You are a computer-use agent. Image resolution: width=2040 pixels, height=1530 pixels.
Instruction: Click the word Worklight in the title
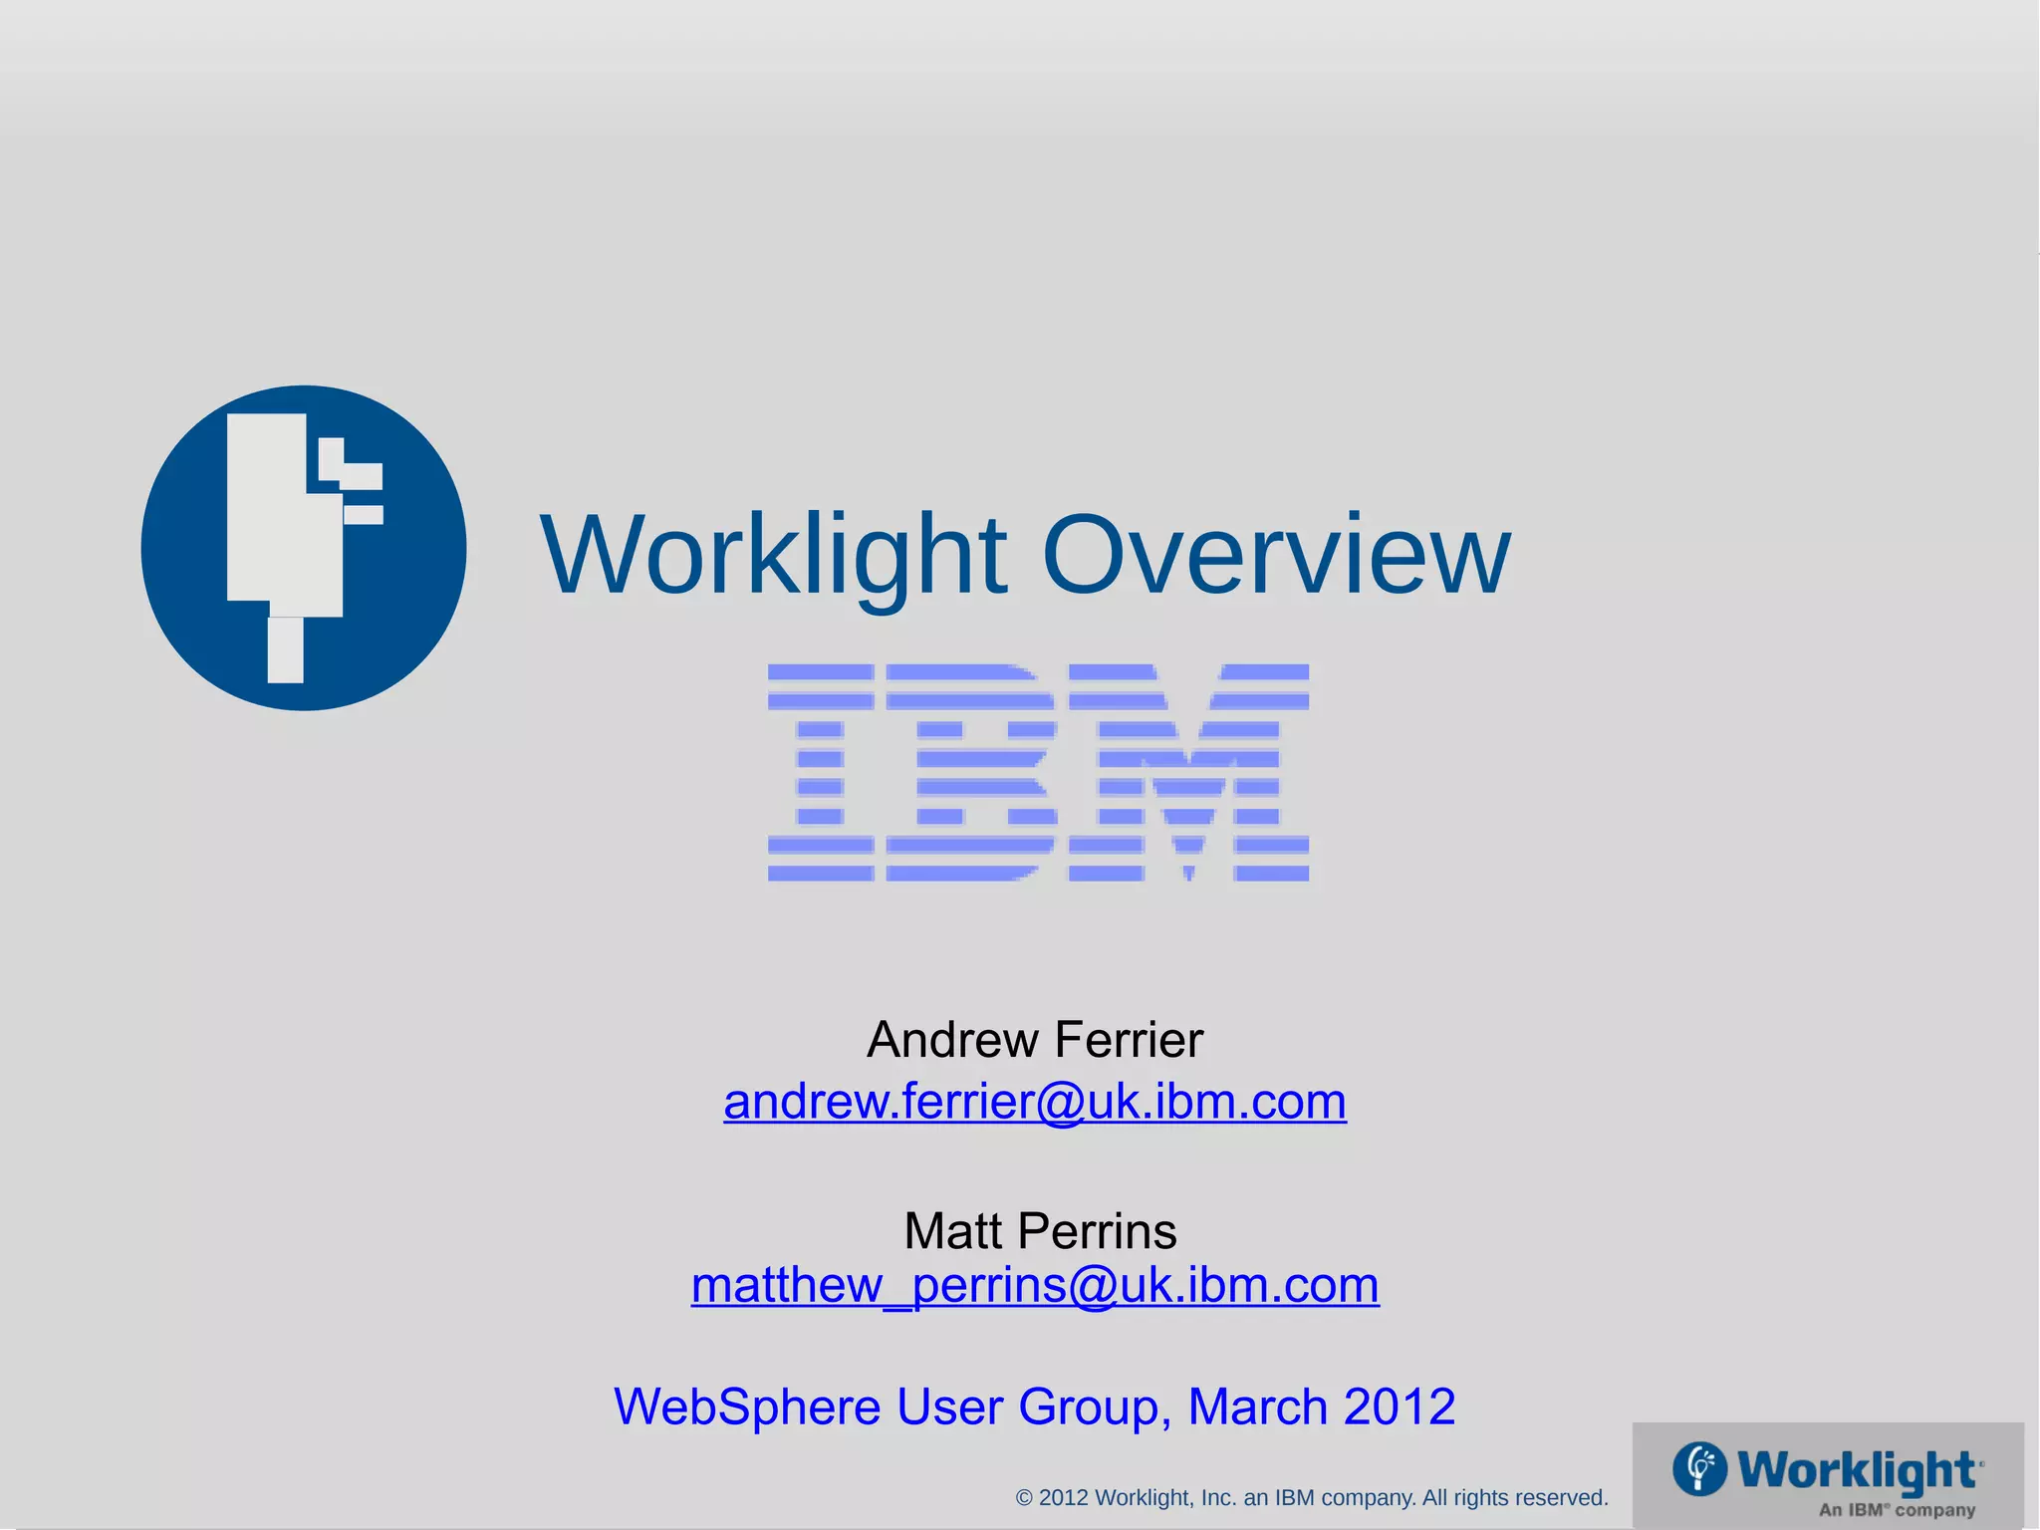[773, 556]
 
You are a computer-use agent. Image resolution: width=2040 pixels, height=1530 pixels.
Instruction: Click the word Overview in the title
[1276, 556]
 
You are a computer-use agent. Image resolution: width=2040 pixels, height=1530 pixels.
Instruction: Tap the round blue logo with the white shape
[304, 548]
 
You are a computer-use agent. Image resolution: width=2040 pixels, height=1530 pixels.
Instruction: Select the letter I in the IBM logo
[820, 772]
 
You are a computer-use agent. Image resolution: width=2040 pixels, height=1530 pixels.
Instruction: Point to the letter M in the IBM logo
[1188, 772]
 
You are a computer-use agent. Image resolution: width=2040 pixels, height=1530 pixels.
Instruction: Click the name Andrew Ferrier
[1035, 1040]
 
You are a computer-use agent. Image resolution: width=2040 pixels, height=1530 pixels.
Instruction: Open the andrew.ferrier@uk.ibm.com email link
[1035, 1102]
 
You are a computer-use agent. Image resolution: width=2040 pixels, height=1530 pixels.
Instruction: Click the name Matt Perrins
[1040, 1231]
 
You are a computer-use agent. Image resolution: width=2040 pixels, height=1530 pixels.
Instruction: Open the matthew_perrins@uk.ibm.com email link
[1035, 1285]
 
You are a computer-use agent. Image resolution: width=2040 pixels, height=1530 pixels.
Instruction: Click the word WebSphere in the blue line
[746, 1406]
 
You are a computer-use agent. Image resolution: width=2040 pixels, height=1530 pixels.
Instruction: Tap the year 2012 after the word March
[1400, 1406]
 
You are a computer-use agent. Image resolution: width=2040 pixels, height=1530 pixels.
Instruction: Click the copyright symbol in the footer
[1024, 1498]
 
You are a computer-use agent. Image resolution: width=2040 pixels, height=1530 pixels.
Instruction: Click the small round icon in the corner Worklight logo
[1699, 1468]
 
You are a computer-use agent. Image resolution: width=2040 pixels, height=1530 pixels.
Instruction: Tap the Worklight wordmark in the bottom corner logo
[1858, 1470]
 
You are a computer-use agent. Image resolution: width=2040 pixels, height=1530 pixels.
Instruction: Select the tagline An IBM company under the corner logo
[1897, 1510]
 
